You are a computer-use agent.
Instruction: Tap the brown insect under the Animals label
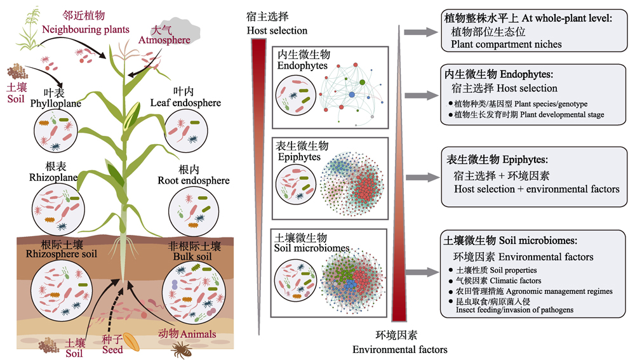pos(180,349)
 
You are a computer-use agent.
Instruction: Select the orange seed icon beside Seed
pos(131,342)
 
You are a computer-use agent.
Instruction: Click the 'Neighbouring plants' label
pos(86,30)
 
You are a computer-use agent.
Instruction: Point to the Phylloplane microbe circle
pos(55,131)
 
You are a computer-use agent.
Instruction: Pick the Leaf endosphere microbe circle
pos(186,131)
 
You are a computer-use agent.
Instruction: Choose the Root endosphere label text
pos(194,180)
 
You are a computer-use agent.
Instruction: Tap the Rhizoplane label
pos(53,177)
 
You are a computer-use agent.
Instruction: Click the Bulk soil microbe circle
pos(194,293)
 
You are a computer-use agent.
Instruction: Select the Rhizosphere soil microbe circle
pos(62,291)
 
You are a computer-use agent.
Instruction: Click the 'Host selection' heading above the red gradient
pos(277,30)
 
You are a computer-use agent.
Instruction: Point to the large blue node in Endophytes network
pos(352,95)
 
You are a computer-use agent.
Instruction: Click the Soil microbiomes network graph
pos(353,278)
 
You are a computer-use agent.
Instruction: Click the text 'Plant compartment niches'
pos(506,44)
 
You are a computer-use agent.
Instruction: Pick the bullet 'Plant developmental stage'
pos(526,114)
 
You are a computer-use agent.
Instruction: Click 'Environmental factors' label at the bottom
pos(399,349)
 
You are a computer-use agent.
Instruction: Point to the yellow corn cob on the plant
pos(131,117)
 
